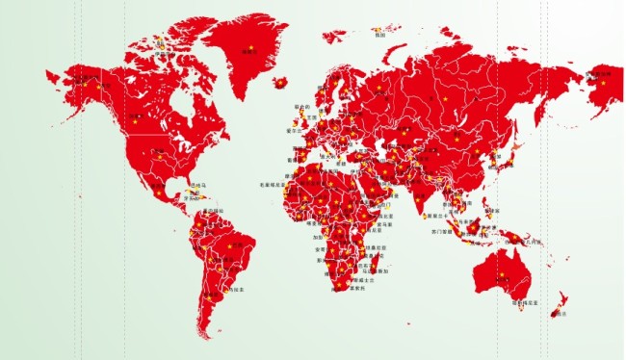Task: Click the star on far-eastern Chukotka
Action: [604, 83]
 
